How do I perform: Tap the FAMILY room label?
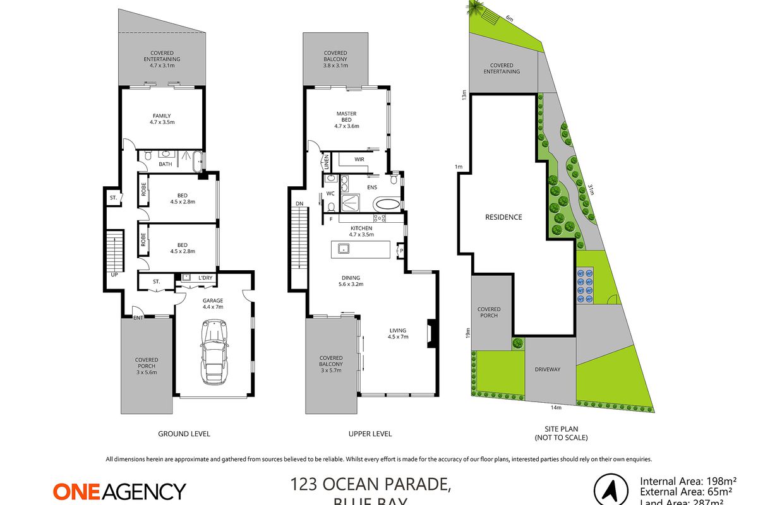click(x=162, y=116)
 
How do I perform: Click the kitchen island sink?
click(x=344, y=248)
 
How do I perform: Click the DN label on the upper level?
click(x=299, y=203)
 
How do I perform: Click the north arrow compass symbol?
click(x=611, y=490)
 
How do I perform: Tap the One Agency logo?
click(x=119, y=491)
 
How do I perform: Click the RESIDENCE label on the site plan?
click(x=503, y=217)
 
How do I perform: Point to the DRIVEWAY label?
click(x=548, y=369)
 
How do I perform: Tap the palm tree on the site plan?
click(x=472, y=8)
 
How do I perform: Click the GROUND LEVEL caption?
click(x=183, y=434)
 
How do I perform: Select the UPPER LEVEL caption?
click(x=370, y=434)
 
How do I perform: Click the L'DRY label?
click(x=205, y=278)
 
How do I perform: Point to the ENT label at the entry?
click(x=138, y=318)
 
